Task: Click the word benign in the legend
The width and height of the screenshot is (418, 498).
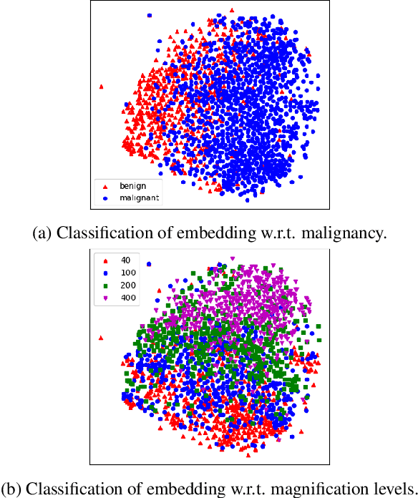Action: [x=132, y=186]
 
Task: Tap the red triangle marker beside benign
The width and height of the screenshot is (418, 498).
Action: [x=106, y=186]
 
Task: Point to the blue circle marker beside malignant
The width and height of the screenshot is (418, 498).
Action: [x=106, y=197]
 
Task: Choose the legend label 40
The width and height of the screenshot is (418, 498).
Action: [x=127, y=260]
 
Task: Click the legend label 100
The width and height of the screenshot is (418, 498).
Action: [x=129, y=273]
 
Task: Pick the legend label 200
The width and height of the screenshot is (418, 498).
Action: [x=129, y=285]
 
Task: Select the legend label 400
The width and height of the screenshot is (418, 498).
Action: [x=129, y=298]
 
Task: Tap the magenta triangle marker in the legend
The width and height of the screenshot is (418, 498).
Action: [x=106, y=298]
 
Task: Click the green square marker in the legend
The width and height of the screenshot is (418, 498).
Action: [x=106, y=285]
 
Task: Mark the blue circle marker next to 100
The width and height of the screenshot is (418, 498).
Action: [x=106, y=273]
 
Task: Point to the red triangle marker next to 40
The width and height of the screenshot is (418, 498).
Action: [x=106, y=260]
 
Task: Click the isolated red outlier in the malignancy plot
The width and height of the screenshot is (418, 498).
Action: [x=101, y=87]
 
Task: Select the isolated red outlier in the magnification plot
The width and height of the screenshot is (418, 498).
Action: [x=101, y=336]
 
